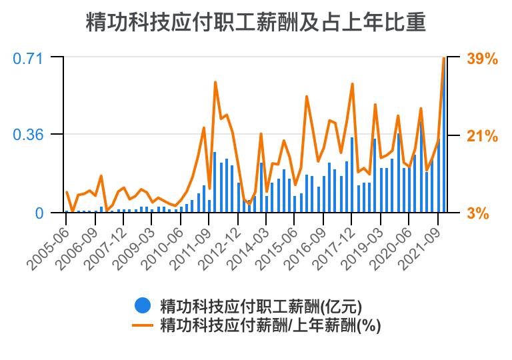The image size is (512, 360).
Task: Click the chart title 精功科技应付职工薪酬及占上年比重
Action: (x=256, y=23)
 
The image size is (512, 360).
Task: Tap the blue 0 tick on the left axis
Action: (x=39, y=213)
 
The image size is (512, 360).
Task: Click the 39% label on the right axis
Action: (x=482, y=59)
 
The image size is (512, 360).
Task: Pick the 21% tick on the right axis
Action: (x=482, y=136)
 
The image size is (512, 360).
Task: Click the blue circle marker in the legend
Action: (x=142, y=306)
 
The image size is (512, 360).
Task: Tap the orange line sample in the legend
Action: (x=142, y=326)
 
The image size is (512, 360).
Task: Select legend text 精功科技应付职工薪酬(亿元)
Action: (x=261, y=306)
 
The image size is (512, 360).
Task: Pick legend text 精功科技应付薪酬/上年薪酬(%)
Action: (x=270, y=326)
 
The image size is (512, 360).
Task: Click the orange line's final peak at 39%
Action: (x=444, y=59)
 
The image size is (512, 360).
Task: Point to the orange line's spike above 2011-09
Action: (x=215, y=83)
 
